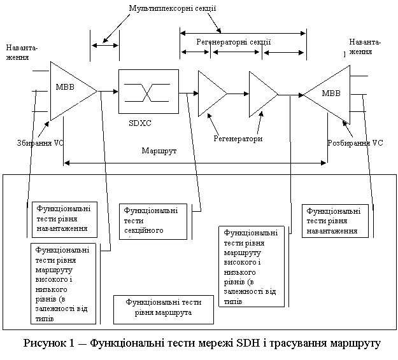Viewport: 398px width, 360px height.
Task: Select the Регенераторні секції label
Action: click(233, 42)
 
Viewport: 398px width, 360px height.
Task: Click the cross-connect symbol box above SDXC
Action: click(146, 92)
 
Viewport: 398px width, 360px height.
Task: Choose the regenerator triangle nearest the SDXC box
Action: click(211, 93)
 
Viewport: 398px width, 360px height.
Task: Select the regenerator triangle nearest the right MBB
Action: click(262, 93)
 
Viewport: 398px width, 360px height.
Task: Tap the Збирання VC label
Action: click(40, 144)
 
